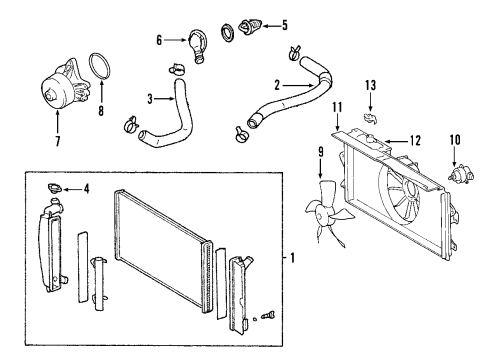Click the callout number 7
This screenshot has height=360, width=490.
pos(57,141)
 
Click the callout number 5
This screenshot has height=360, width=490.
pos(284,24)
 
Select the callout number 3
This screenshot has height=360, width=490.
pos(150,100)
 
